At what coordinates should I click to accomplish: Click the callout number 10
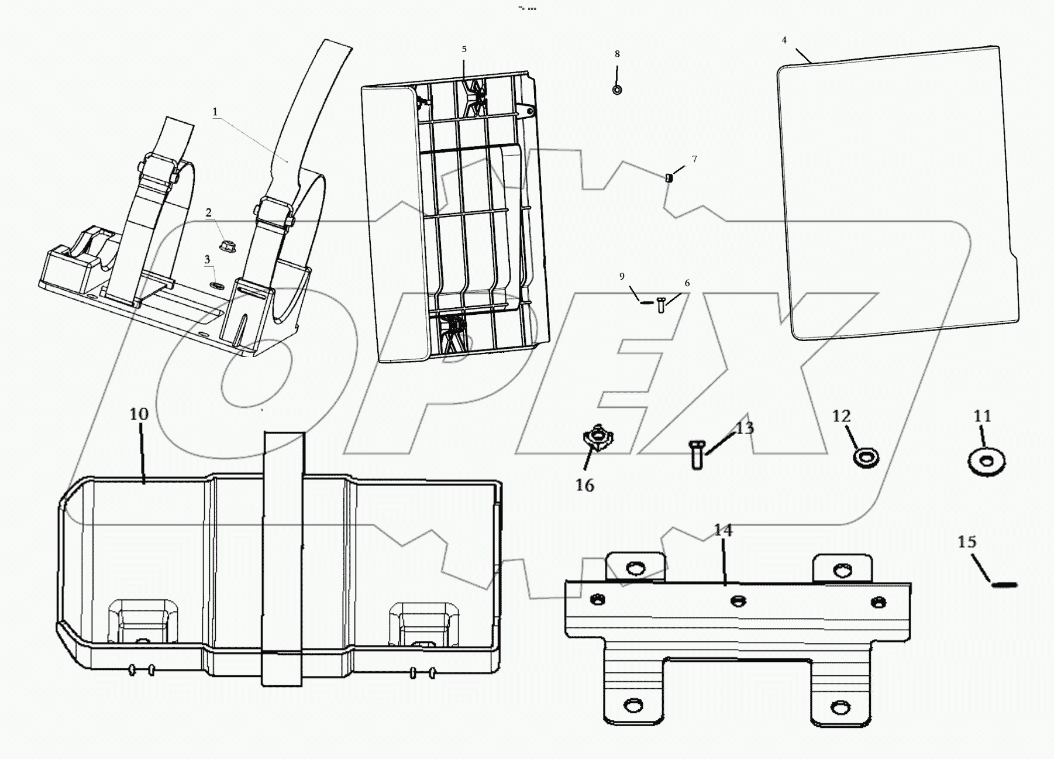[x=139, y=414]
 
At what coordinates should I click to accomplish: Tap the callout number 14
[x=723, y=531]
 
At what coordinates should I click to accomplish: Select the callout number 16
[x=585, y=485]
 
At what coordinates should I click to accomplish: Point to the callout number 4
[x=784, y=40]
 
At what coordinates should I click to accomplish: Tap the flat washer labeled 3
[x=216, y=286]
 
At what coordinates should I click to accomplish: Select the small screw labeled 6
[x=661, y=304]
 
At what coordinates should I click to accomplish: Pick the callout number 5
[x=464, y=50]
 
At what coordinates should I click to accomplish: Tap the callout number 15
[x=966, y=542]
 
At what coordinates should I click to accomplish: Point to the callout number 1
[x=215, y=112]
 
